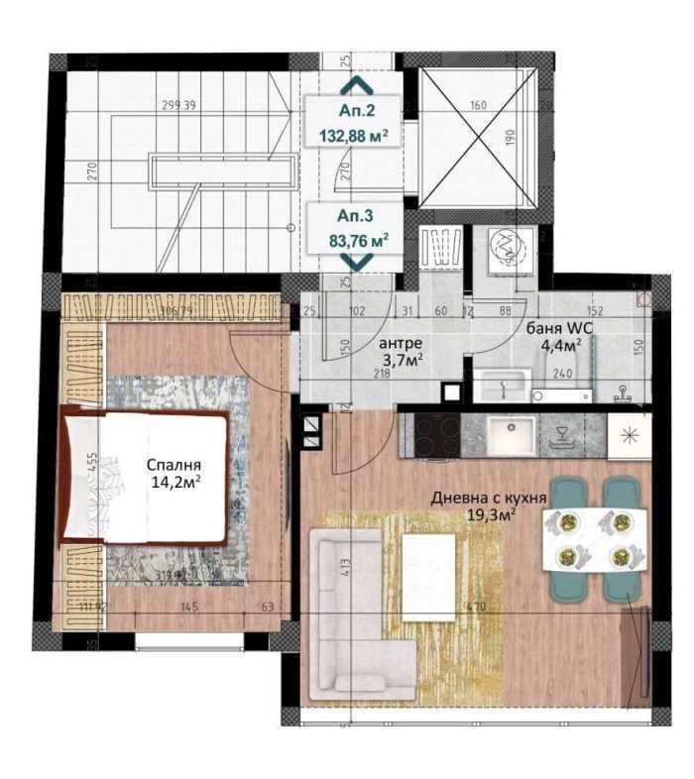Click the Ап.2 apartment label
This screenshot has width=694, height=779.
click(357, 111)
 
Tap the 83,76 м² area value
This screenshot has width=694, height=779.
click(358, 238)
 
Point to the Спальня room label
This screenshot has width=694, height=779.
click(173, 465)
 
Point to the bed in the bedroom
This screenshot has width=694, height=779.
click(149, 477)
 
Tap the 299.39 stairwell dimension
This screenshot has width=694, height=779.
click(182, 105)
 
